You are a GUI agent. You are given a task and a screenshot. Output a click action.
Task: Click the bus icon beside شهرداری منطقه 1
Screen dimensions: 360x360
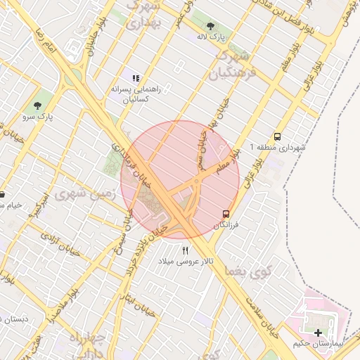pos(278,137)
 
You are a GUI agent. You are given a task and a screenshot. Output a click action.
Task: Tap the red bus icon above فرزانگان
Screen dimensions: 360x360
pos(226,213)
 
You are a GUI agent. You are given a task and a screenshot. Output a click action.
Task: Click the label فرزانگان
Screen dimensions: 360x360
pos(229,224)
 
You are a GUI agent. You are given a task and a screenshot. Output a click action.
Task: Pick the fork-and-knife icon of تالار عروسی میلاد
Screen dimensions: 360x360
pos(186,250)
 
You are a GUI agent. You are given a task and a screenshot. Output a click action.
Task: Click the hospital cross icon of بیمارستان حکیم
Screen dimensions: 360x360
pos(319,332)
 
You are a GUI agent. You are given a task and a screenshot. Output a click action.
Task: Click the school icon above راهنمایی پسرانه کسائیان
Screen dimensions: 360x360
pos(136,79)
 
